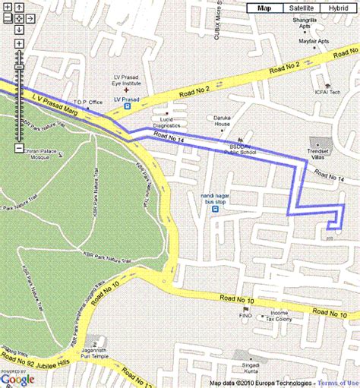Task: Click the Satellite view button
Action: coord(300,8)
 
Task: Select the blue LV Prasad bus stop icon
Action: coord(128,107)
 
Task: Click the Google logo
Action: coord(17,379)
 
